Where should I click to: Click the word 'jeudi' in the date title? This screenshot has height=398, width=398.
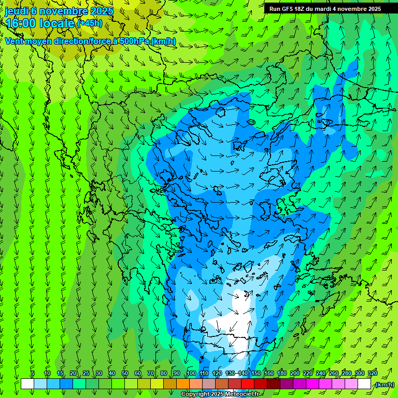click(x=16, y=11)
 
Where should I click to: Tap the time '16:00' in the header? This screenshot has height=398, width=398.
click(x=24, y=23)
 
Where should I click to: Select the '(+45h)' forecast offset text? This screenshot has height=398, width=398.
click(x=90, y=23)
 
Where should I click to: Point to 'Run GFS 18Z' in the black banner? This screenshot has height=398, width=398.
click(x=287, y=9)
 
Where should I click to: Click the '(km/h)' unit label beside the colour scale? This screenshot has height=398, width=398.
click(x=384, y=385)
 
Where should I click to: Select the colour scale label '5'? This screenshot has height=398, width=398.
click(x=33, y=373)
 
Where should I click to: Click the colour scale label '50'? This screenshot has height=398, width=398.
click(x=125, y=373)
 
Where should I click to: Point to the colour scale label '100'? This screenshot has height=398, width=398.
click(x=191, y=373)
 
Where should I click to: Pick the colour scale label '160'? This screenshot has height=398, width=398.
click(x=269, y=373)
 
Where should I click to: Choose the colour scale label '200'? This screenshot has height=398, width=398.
click(x=295, y=373)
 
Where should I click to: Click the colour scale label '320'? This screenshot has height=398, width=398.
click(x=373, y=373)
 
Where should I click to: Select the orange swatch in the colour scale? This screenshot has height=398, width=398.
click(x=183, y=384)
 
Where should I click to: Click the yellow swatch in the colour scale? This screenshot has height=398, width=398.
click(x=157, y=384)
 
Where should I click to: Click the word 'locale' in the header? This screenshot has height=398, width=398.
click(x=58, y=23)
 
